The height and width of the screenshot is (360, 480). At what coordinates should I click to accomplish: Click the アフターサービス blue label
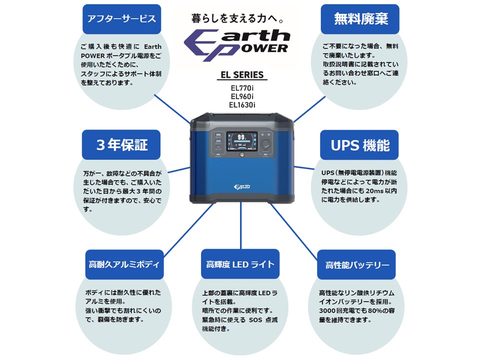click(121, 19)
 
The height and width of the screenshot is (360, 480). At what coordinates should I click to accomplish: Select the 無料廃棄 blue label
click(360, 19)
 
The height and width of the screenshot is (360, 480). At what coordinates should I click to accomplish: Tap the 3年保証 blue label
click(121, 145)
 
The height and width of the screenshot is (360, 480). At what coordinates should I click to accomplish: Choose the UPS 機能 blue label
click(360, 145)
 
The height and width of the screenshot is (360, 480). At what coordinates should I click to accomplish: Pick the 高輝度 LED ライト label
click(240, 264)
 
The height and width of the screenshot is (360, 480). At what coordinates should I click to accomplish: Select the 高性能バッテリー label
click(356, 264)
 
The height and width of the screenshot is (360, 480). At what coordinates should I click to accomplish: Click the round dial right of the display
click(267, 143)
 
